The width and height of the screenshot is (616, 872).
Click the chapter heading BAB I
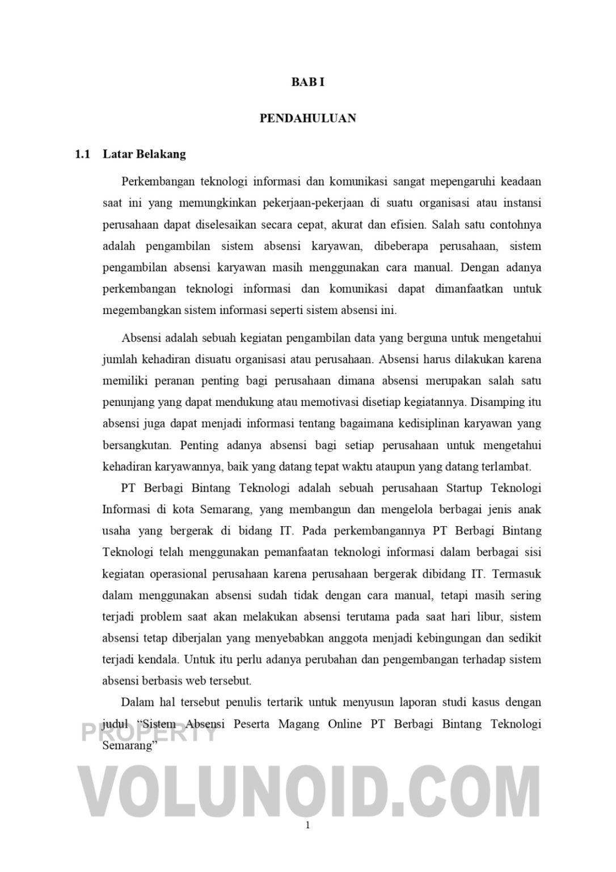pos(307,82)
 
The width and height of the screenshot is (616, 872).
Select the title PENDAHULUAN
pos(307,118)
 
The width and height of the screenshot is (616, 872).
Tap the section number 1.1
pos(83,154)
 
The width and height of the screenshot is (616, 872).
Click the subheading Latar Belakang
pos(144,154)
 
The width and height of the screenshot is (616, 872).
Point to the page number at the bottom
pos(307,825)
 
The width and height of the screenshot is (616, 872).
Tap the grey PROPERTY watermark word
pos(149,733)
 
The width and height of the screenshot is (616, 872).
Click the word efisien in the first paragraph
pos(408,224)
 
